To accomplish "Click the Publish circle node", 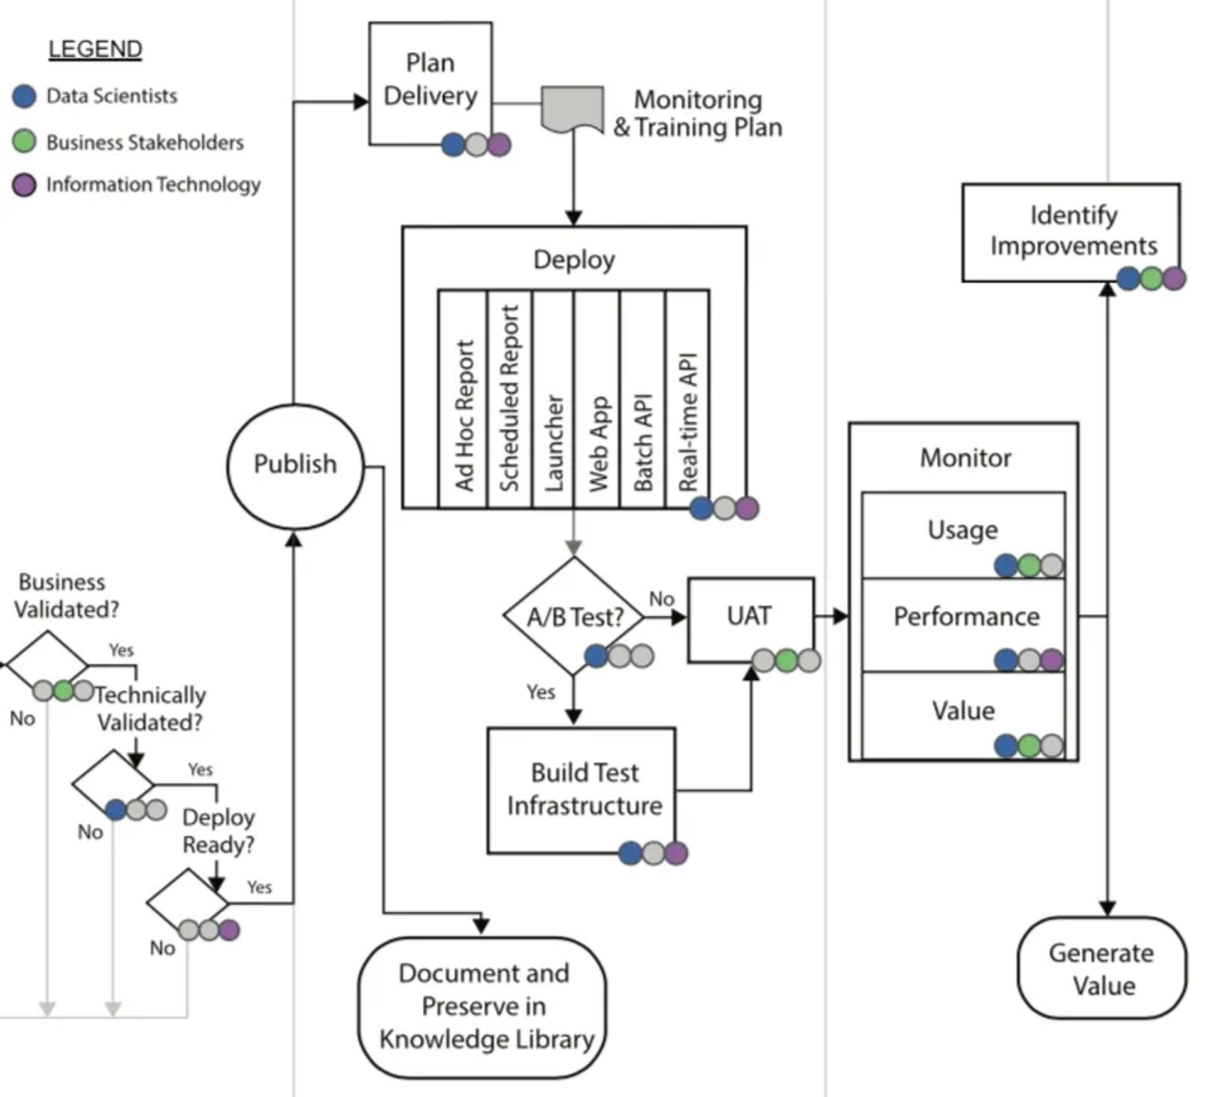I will coord(295,466).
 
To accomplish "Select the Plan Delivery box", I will coord(430,82).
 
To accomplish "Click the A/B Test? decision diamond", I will coord(573,616).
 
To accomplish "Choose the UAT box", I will coord(751,618).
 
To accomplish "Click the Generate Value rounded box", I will coord(1102,968).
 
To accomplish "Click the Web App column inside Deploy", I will coord(597,400).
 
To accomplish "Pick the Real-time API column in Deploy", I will coord(688,400).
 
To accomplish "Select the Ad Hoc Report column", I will coord(463,400).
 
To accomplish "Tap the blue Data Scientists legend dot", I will coord(24,96).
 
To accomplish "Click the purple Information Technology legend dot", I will coord(24,185).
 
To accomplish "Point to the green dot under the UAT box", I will coord(786,660).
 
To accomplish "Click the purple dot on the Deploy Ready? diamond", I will coord(229,929).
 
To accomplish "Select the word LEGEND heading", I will coord(95,49).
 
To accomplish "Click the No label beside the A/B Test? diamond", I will coord(661,599).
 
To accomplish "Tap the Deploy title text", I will coord(574,259).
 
